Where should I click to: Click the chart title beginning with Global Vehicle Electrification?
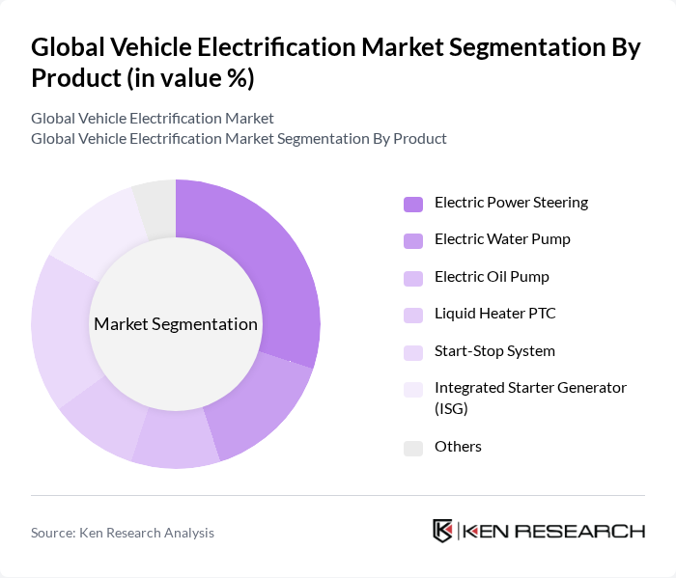pos(335,63)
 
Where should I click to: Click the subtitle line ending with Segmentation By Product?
pos(239,138)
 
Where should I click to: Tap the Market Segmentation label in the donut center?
pos(176,324)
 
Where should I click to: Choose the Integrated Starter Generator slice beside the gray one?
pos(97,232)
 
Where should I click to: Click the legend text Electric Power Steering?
pos(511,203)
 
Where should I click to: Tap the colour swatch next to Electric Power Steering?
pos(413,204)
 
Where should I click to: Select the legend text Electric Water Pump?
pos(502,239)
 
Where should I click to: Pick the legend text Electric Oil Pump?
pos(492,277)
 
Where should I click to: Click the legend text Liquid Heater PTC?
pos(494,314)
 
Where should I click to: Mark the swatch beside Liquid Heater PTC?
pos(413,315)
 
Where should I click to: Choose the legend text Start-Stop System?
pos(494,351)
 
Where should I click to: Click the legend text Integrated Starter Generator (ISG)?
pos(529,397)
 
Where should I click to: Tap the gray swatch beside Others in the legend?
pos(413,448)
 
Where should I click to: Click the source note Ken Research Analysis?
pos(123,533)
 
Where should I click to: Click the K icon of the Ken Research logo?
pos(443,531)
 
